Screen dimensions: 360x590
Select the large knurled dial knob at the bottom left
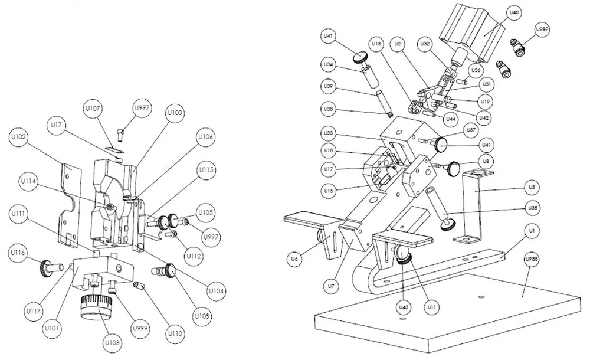coord(94,307)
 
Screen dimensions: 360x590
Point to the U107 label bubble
coord(92,109)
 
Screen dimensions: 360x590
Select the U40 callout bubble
coord(513,12)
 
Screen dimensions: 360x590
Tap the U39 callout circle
coord(329,86)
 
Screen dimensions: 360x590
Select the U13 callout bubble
coord(376,44)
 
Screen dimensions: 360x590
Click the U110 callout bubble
coord(175,333)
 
